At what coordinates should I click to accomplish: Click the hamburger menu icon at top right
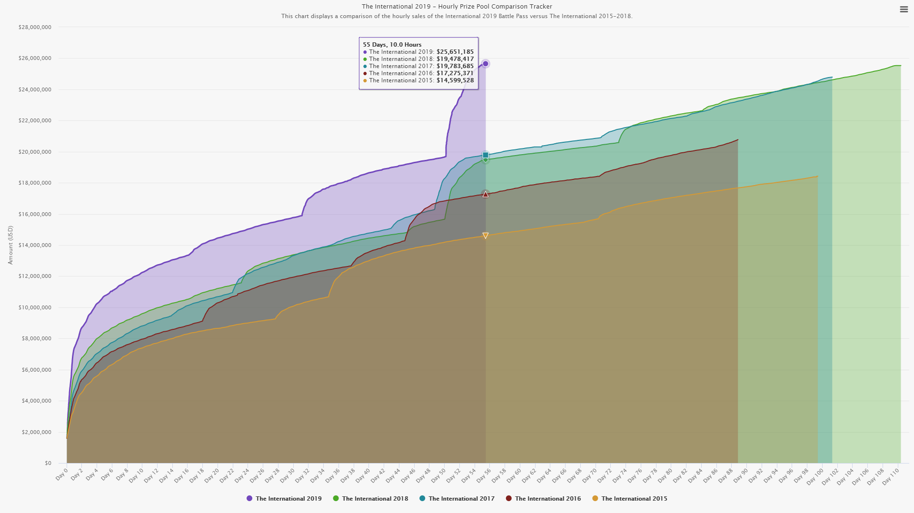(904, 10)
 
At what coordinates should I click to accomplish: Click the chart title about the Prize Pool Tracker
(457, 7)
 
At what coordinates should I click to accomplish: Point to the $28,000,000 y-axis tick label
(35, 28)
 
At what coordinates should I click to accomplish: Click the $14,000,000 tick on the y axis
(35, 246)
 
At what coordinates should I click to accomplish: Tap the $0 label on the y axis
(48, 463)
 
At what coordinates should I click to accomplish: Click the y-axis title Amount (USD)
(10, 245)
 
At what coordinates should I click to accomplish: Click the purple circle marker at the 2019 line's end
(486, 64)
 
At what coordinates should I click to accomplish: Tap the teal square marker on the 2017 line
(486, 155)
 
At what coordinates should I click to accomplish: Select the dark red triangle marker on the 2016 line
(486, 194)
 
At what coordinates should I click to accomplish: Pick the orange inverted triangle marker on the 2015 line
(486, 236)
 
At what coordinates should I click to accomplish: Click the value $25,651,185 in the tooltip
(455, 52)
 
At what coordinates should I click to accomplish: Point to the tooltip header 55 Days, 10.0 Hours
(392, 45)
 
